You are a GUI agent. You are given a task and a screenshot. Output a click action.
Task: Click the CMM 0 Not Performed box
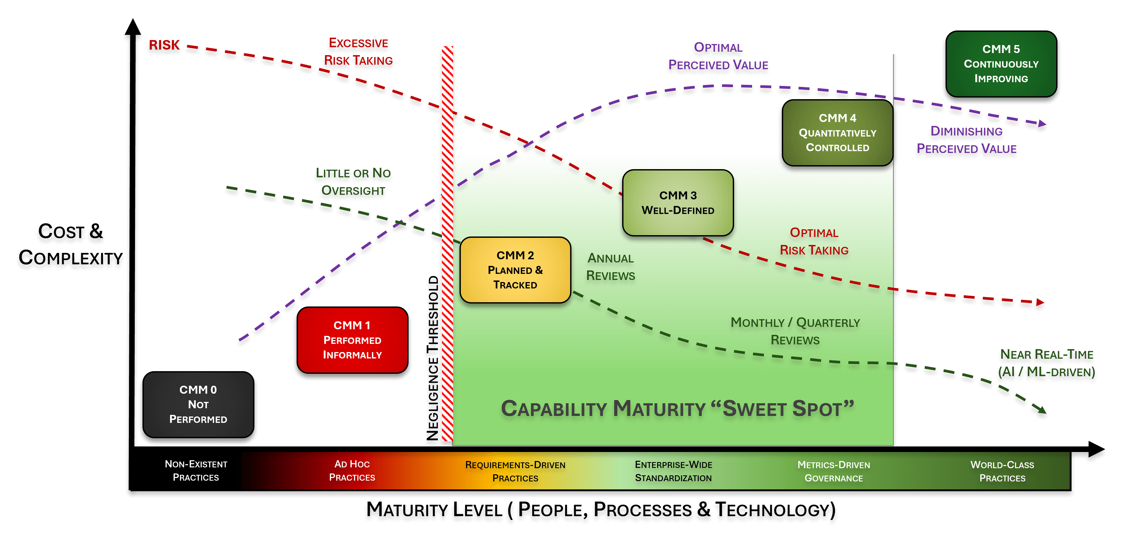point(198,405)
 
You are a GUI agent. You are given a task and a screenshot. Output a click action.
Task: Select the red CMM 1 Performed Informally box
point(352,340)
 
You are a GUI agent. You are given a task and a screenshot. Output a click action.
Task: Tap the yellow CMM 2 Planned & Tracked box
point(515,270)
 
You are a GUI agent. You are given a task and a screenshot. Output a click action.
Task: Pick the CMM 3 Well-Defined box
point(678,203)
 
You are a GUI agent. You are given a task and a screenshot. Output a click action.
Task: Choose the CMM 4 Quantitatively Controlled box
point(837,133)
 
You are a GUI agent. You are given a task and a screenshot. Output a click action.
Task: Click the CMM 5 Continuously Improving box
point(1001,64)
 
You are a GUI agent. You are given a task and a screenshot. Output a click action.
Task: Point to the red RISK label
point(164,45)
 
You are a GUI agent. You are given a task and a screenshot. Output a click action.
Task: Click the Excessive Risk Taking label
point(358,52)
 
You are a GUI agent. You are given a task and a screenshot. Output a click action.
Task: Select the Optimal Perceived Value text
point(718,56)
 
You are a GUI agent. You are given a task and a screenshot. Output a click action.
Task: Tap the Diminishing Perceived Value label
point(966,140)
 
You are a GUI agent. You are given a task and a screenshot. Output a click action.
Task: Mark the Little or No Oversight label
point(353,182)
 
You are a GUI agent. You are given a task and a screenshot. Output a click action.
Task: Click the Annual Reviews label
point(610,267)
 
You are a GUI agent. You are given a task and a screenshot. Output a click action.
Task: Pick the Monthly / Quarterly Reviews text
point(795,331)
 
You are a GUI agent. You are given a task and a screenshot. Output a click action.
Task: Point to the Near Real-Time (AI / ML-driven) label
point(1047,363)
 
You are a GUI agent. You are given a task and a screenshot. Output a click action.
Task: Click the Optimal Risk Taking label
point(814,242)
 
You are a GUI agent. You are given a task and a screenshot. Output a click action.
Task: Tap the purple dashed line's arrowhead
point(1043,124)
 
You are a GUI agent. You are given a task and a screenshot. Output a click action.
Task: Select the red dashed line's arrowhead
point(1040,302)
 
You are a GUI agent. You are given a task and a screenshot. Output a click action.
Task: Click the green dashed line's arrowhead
point(1042,410)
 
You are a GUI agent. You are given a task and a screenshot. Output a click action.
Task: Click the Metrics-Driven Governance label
point(833,471)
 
